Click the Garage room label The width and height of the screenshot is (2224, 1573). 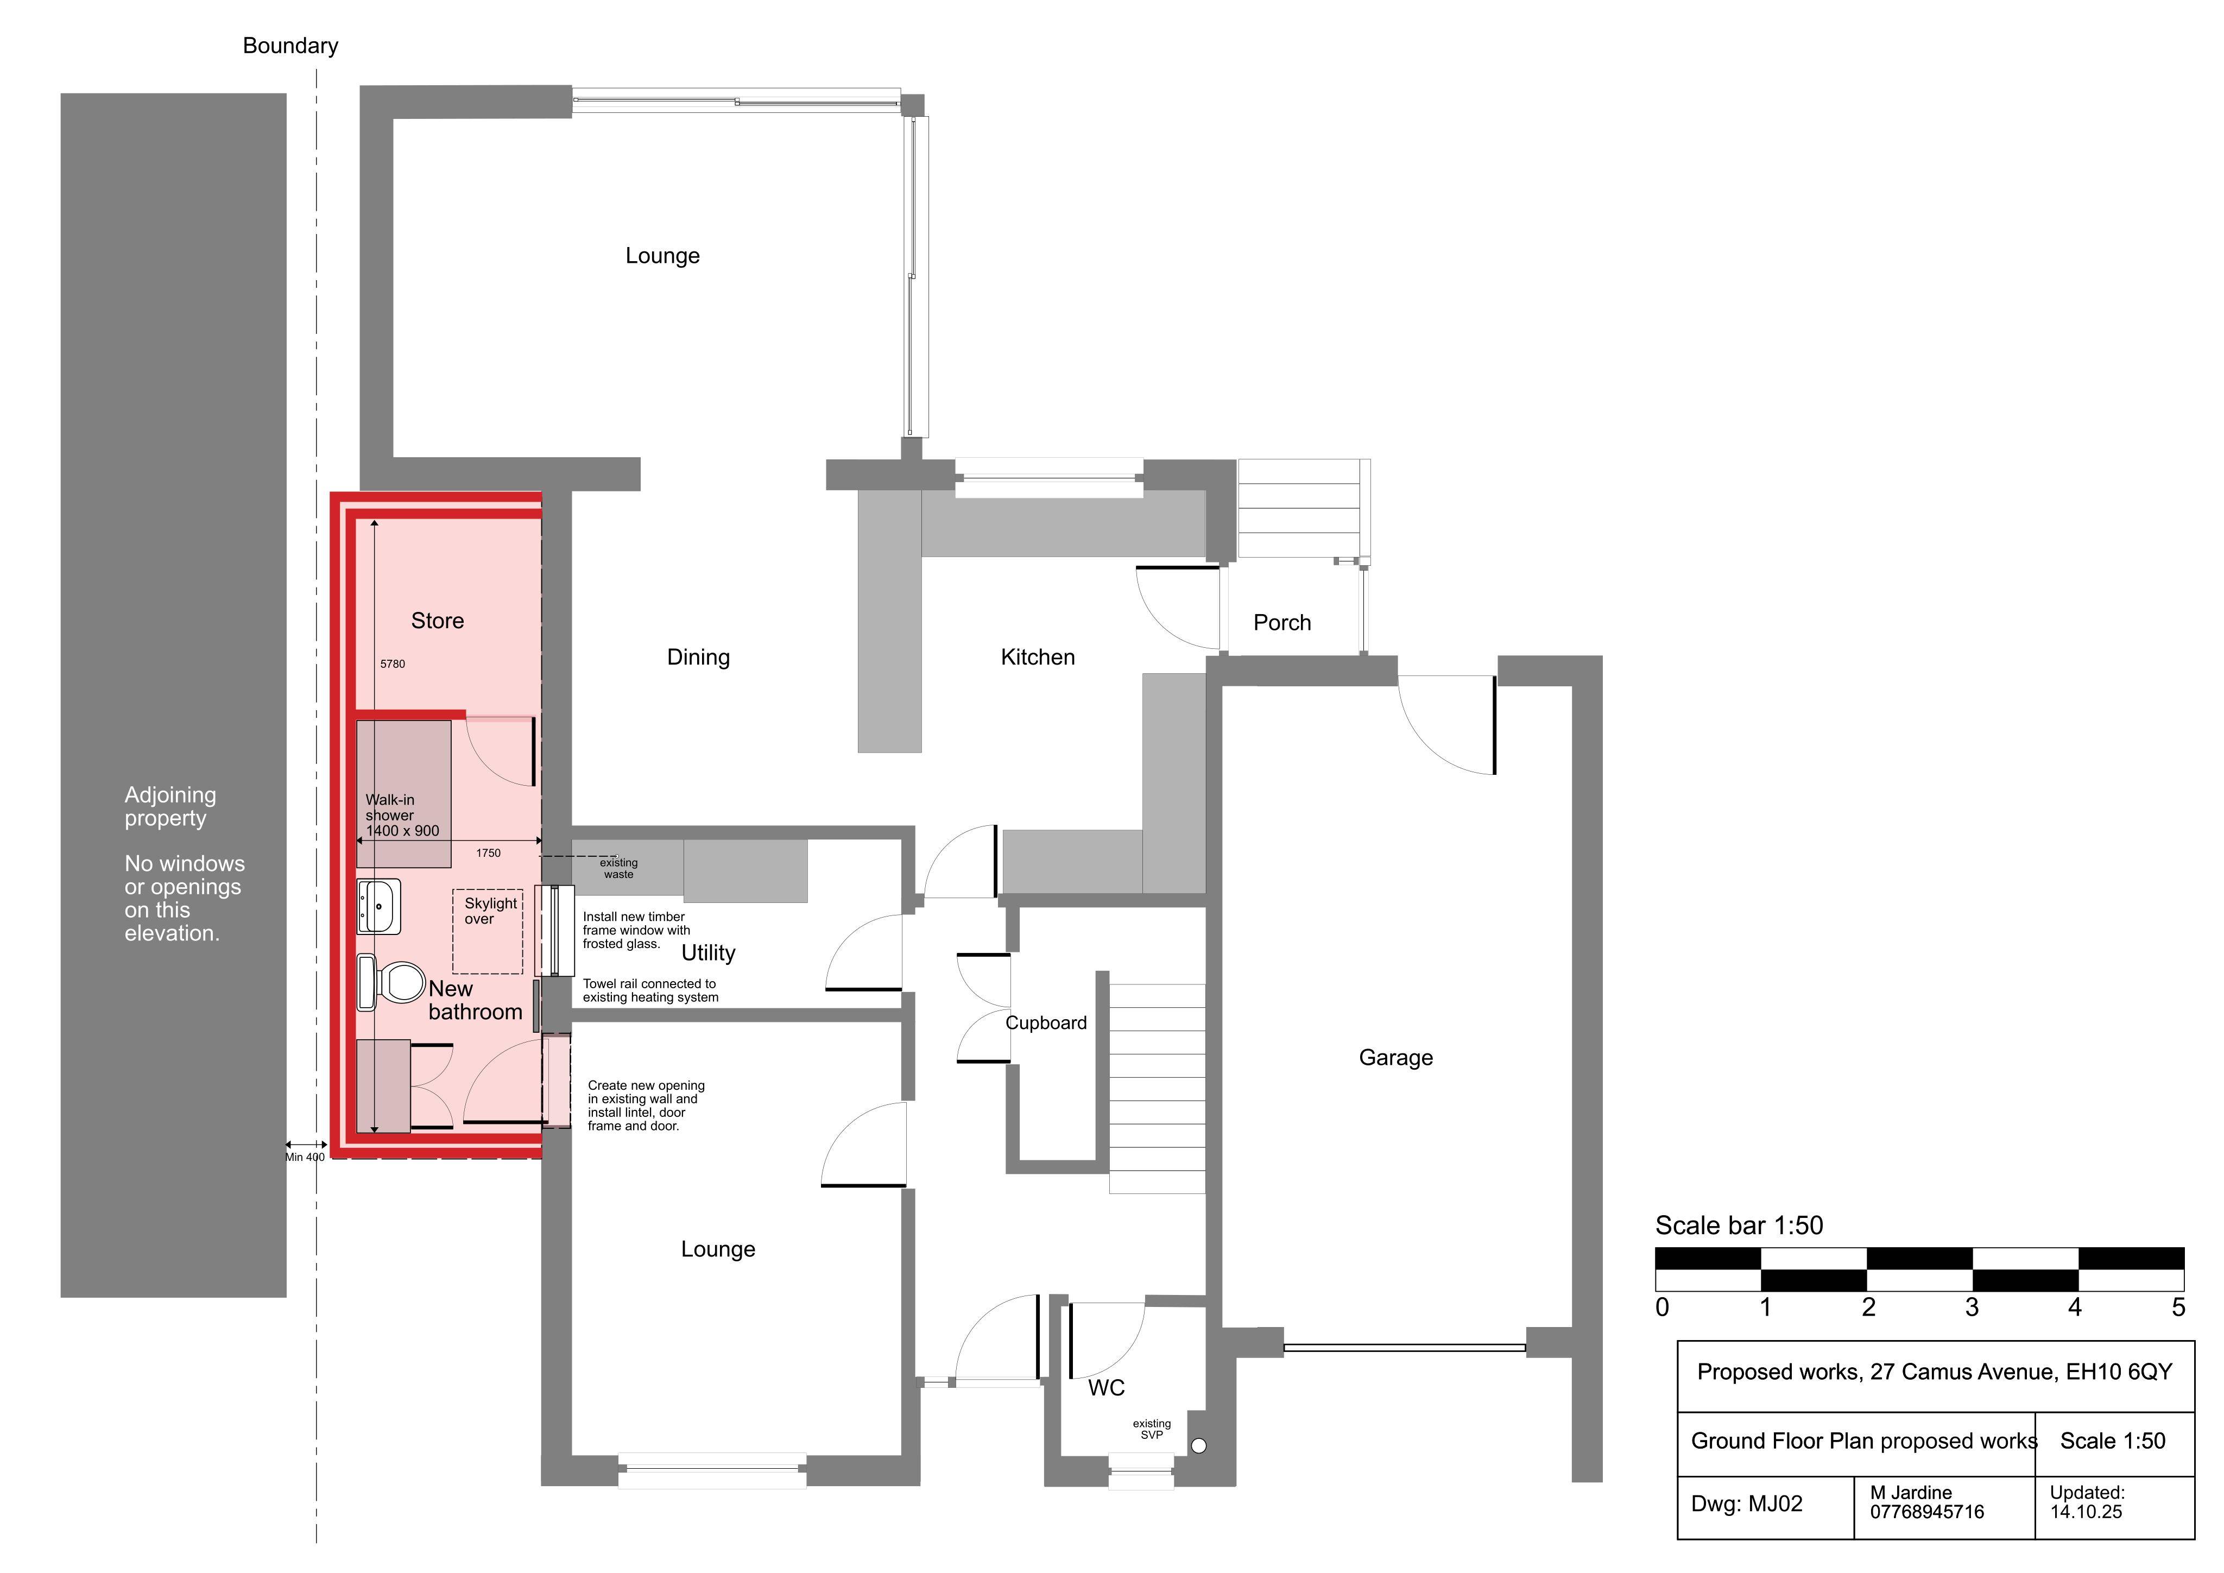pos(1396,1058)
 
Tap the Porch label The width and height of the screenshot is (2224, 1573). pos(1281,623)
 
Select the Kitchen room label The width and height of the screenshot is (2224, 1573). pos(1038,658)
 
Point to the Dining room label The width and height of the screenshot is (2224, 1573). pos(698,658)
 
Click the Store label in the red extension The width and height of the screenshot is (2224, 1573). pos(437,621)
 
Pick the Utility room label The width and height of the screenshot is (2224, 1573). pos(708,953)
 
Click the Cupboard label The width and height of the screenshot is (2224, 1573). pos(1046,1023)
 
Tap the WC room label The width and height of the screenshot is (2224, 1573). pos(1106,1388)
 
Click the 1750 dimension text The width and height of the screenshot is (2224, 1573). pos(488,854)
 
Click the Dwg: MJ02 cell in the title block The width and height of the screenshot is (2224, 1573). pos(1747,1504)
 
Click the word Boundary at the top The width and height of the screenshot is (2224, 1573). pos(290,46)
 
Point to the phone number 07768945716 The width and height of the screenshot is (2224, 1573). pos(1926,1512)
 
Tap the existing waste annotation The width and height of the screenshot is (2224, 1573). pos(618,869)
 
